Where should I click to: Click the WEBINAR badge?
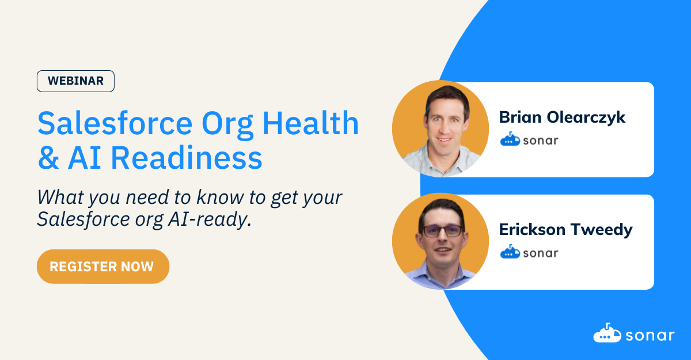(75, 81)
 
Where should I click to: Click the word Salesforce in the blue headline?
(115, 124)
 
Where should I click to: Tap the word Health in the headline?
(310, 123)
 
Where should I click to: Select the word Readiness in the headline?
(187, 158)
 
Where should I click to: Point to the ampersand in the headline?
(48, 158)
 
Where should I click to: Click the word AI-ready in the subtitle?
(210, 219)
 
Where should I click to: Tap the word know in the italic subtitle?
(220, 197)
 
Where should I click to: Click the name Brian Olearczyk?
(562, 118)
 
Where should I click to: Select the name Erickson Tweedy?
(565, 230)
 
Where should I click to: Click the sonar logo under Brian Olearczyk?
(529, 139)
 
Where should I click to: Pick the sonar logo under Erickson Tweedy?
(529, 252)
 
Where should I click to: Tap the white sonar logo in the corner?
(633, 333)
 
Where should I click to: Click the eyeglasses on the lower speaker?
(442, 231)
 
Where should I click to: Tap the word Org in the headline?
(227, 124)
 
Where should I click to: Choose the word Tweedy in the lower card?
(601, 230)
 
